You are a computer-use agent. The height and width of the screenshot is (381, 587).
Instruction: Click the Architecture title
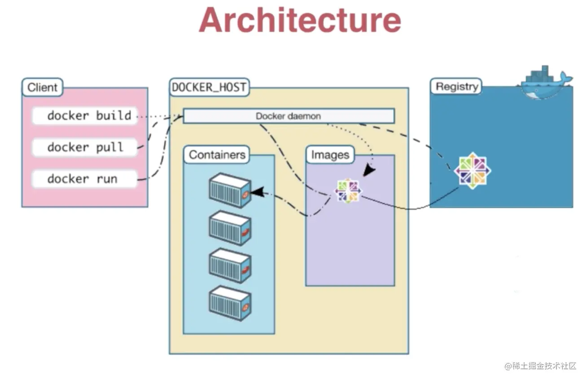[300, 20]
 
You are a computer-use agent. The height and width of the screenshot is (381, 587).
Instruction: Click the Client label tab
[42, 87]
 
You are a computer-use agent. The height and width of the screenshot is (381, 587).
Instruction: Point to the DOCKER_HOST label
[209, 87]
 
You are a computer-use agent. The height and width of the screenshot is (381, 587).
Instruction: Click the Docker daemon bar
[289, 116]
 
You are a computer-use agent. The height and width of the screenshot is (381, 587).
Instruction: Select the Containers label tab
[217, 155]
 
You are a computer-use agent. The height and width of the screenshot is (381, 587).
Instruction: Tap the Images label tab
[330, 155]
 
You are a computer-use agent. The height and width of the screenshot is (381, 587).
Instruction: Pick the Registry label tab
[456, 86]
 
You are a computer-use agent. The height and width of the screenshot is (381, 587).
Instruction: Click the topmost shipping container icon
[230, 190]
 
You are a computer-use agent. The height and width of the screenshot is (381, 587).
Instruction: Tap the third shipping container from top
[230, 265]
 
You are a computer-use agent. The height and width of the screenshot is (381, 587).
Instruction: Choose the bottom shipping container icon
[230, 303]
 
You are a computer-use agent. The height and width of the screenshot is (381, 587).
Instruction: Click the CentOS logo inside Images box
[348, 191]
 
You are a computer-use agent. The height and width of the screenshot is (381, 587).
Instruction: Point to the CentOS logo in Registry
[472, 171]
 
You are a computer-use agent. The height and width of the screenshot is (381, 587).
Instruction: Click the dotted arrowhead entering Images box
[369, 170]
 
